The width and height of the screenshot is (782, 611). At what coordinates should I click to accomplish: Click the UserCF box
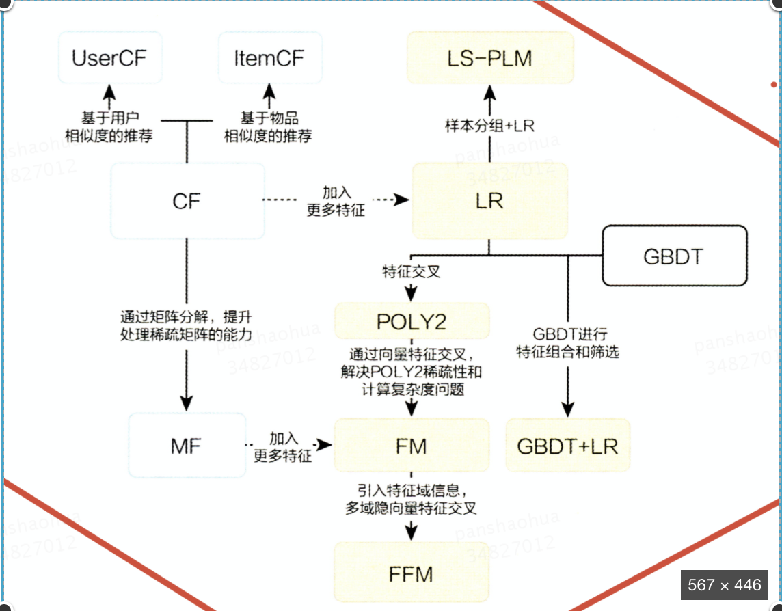109,57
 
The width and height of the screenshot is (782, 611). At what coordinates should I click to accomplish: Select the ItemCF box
270,57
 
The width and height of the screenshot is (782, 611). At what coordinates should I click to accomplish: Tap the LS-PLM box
490,57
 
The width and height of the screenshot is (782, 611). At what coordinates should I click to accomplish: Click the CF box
187,201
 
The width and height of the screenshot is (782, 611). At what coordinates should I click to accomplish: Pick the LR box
490,201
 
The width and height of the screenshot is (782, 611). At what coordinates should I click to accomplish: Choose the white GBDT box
674,256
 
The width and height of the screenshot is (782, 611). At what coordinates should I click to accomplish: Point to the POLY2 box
412,321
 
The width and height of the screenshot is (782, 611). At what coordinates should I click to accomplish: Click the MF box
187,446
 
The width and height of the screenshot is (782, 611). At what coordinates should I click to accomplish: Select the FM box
412,446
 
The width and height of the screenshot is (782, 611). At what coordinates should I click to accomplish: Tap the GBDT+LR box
567,446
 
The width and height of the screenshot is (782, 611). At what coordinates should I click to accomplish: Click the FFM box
412,573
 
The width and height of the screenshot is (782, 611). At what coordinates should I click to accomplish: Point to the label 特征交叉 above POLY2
411,271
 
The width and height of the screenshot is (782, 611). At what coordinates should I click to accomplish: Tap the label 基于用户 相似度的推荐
109,126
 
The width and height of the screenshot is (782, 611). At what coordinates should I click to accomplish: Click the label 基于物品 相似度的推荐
269,126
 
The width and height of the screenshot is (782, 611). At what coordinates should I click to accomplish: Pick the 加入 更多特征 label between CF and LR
336,201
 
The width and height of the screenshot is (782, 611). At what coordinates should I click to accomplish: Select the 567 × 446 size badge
725,585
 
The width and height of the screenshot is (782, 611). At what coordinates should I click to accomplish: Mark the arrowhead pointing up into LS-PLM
490,91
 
